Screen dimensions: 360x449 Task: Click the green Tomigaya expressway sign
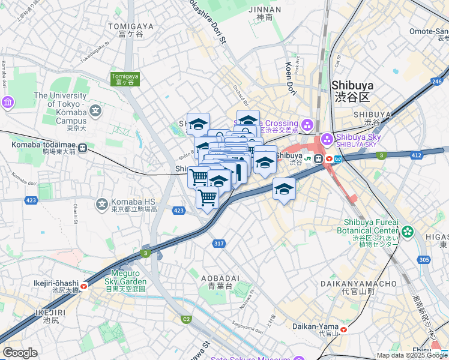coord(124,79)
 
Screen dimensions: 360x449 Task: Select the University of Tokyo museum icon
coord(8,103)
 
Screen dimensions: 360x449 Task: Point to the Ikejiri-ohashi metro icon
coord(83,287)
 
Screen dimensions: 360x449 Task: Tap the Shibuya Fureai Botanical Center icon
coord(408,231)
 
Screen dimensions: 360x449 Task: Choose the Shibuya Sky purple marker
coord(327,139)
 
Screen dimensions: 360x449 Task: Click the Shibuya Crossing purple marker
coord(308,125)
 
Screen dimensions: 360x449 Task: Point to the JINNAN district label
coord(264,10)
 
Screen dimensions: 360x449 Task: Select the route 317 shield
coord(218,243)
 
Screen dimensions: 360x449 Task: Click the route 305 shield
coord(424,259)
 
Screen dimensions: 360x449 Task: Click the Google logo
coord(20,353)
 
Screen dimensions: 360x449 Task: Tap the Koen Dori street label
coord(291,79)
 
